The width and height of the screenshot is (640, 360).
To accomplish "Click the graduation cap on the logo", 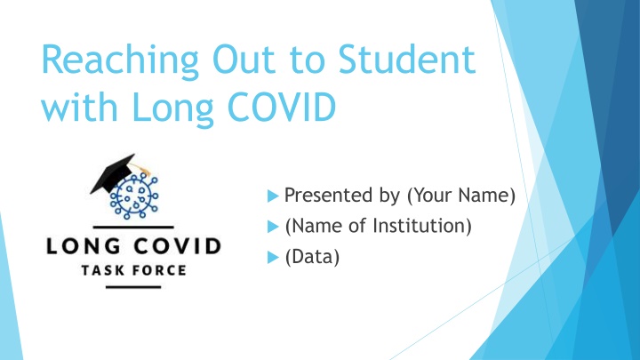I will (115, 175).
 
